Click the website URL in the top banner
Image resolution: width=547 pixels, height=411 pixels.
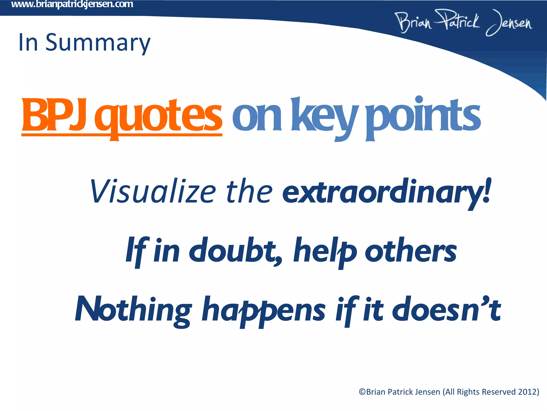coord(72,5)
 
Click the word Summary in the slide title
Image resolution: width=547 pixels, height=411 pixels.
coord(98,43)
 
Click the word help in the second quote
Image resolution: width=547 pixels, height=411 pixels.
coord(325,252)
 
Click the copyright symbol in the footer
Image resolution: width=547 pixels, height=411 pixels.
coord(362,392)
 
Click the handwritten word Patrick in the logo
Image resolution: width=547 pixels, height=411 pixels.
coord(457,21)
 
